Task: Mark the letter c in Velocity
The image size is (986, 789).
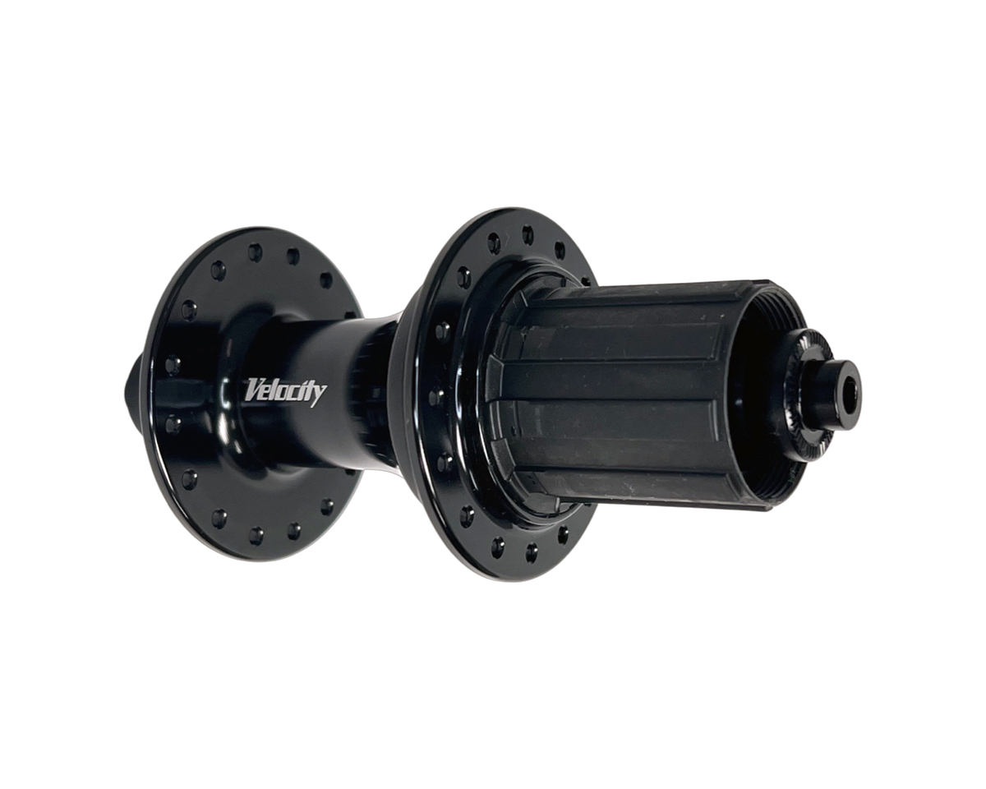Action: (x=294, y=392)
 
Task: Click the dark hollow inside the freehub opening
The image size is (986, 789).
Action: (x=764, y=394)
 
